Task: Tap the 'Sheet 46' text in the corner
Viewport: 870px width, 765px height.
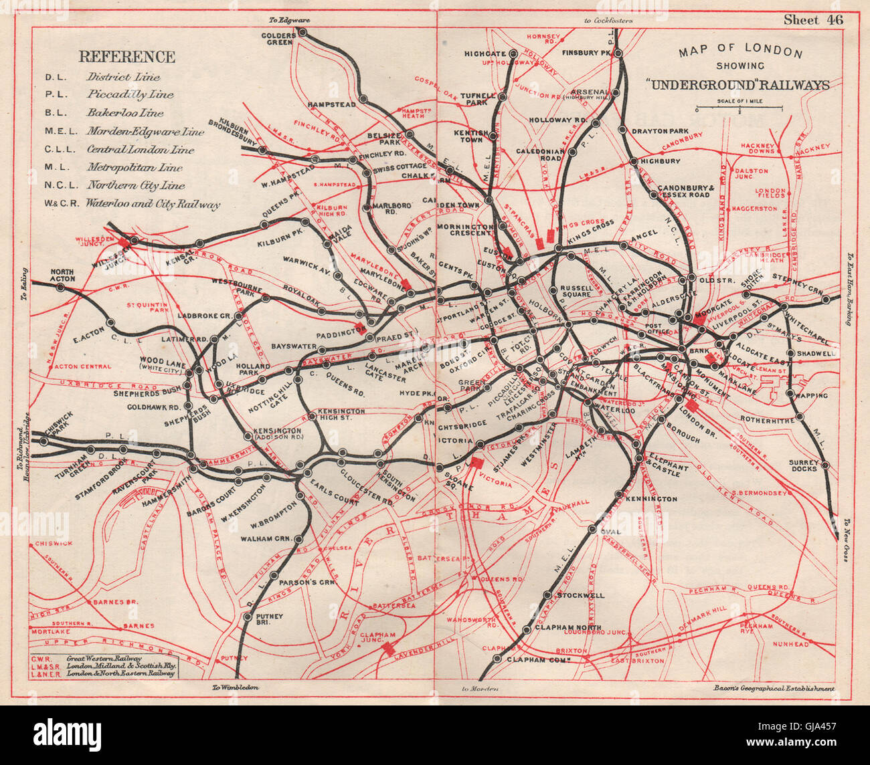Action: coord(814,19)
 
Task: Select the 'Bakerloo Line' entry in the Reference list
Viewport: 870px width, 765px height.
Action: coord(125,113)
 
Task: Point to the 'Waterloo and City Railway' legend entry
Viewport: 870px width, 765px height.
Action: coord(153,205)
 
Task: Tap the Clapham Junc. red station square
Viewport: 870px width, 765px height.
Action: coord(387,647)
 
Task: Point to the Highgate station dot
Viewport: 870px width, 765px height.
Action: coord(512,53)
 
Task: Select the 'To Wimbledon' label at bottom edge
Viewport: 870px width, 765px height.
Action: coord(235,687)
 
